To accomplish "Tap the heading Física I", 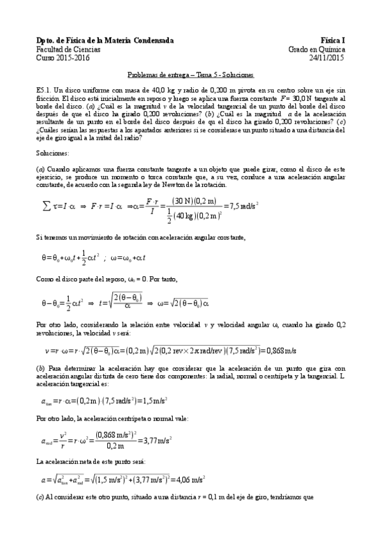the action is coord(332,40).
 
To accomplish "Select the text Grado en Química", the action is coord(316,48).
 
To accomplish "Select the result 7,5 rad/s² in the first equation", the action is coord(240,205).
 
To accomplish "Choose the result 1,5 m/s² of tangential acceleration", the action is coord(150,400).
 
